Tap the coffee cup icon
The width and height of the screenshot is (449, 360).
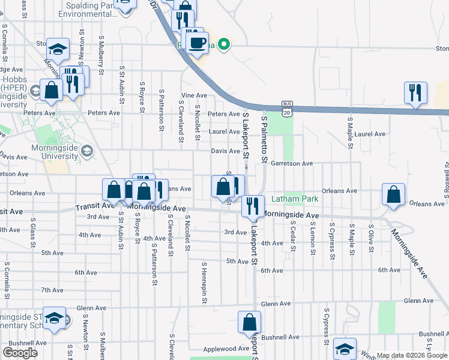197,43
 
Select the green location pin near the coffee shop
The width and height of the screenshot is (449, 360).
224,44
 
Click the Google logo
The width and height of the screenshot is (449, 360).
20,353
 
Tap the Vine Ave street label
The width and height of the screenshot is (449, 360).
194,95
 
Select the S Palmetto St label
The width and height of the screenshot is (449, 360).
263,139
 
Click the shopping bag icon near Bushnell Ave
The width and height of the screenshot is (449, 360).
249,322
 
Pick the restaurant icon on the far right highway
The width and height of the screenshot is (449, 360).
415,93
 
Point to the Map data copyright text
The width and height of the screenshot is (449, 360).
411,355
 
